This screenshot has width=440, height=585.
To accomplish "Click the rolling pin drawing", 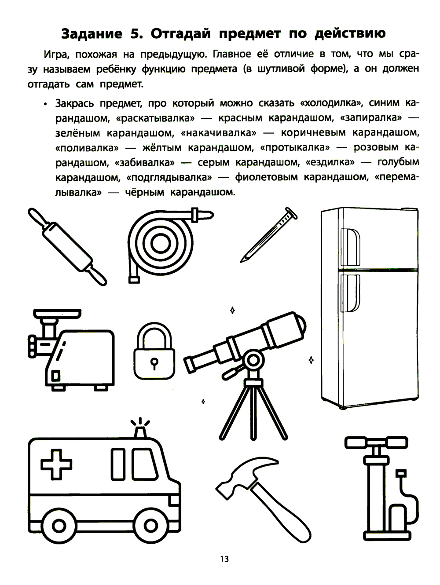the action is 67,247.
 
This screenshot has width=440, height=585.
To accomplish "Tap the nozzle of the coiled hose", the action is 202,215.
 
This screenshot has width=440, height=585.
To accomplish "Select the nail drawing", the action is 269,235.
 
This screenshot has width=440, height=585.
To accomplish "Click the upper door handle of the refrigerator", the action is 350,247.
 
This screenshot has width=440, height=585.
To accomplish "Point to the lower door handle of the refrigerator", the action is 350,293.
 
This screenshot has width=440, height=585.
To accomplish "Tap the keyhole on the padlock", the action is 154,363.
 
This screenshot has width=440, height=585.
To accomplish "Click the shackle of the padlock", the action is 154,336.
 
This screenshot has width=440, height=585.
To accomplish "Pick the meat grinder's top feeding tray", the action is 57,314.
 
